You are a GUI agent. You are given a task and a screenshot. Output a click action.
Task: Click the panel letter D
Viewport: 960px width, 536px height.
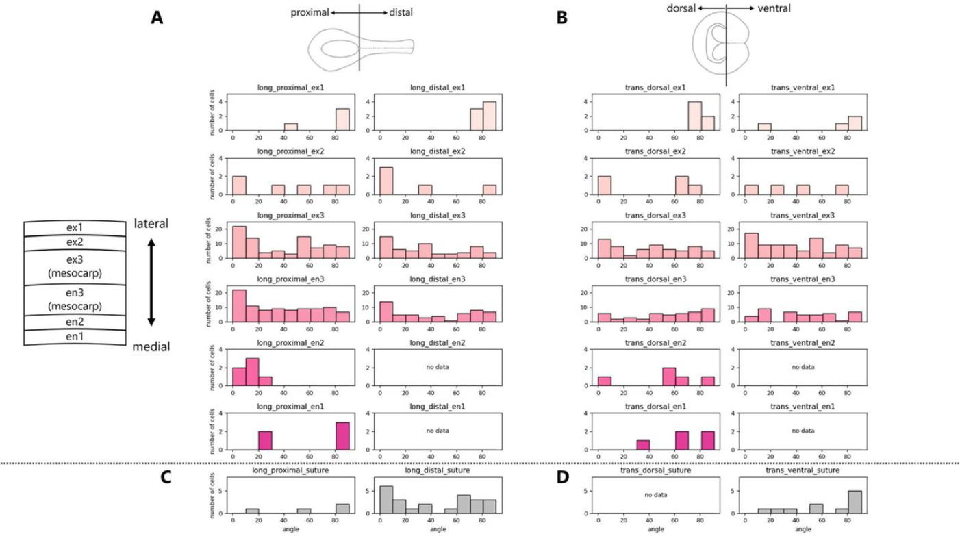[x=562, y=476]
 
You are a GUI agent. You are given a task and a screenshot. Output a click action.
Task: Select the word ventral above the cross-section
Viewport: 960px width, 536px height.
[x=774, y=8]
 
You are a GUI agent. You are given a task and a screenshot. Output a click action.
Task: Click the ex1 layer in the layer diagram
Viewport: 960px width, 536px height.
[x=75, y=227]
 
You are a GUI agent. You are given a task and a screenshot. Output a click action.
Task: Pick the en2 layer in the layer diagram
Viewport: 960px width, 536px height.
[x=75, y=323]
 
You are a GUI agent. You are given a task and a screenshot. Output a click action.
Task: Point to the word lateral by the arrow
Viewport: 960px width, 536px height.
[x=152, y=224]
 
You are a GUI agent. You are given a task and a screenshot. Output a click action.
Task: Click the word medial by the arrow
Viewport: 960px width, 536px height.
[x=151, y=347]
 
